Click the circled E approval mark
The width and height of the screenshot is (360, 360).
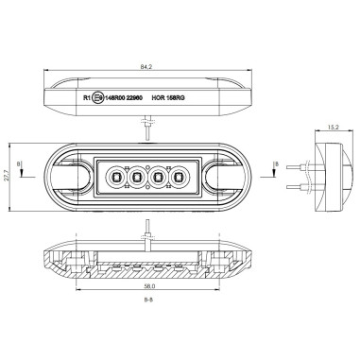(x=98, y=96)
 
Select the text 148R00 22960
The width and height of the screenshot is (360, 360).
(x=123, y=96)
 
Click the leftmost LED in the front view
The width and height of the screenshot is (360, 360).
(x=116, y=176)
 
